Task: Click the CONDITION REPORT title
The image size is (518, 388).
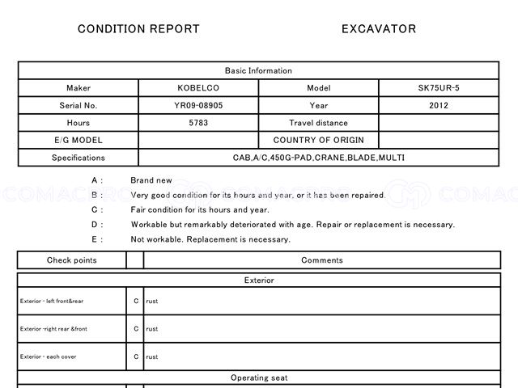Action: (x=138, y=29)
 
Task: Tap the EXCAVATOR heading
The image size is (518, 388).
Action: (x=379, y=29)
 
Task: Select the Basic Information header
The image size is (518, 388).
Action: (x=258, y=71)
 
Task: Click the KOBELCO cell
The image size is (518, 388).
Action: (x=198, y=88)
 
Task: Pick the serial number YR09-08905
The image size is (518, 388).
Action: (x=198, y=106)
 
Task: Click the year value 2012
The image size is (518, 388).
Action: (x=439, y=106)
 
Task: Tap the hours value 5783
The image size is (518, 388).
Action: (x=198, y=123)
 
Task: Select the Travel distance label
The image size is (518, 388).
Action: (x=318, y=123)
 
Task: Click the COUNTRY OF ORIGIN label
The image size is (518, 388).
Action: (x=318, y=140)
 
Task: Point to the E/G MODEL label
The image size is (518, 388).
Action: (x=79, y=140)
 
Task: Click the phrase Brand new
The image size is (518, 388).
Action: (x=151, y=180)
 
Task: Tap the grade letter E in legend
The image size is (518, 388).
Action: (x=96, y=239)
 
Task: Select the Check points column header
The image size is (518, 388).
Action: (x=71, y=260)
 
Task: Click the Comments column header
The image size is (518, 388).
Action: (x=321, y=260)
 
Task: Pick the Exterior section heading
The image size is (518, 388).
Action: (x=258, y=280)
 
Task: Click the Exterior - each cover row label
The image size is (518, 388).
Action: (x=49, y=356)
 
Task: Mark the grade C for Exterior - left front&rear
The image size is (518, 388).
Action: (x=136, y=302)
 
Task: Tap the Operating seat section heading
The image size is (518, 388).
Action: (x=258, y=377)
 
